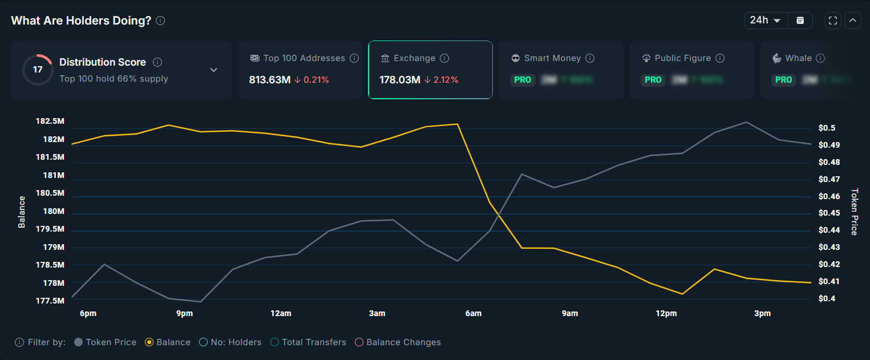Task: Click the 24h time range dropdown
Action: [765, 21]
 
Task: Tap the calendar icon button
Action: [800, 21]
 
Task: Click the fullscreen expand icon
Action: [833, 21]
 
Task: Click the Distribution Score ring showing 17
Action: [38, 70]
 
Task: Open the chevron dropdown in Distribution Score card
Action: [213, 70]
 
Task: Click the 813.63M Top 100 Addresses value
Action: [270, 80]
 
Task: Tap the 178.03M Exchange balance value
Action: [400, 80]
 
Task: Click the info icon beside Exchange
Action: [444, 58]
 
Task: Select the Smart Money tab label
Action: [552, 58]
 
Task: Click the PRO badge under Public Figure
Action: [653, 80]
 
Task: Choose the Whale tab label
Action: [798, 58]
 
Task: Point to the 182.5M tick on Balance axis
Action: [50, 122]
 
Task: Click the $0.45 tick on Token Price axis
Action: [829, 213]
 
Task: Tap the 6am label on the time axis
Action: [473, 313]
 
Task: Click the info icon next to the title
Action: [160, 21]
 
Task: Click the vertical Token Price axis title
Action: [854, 212]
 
